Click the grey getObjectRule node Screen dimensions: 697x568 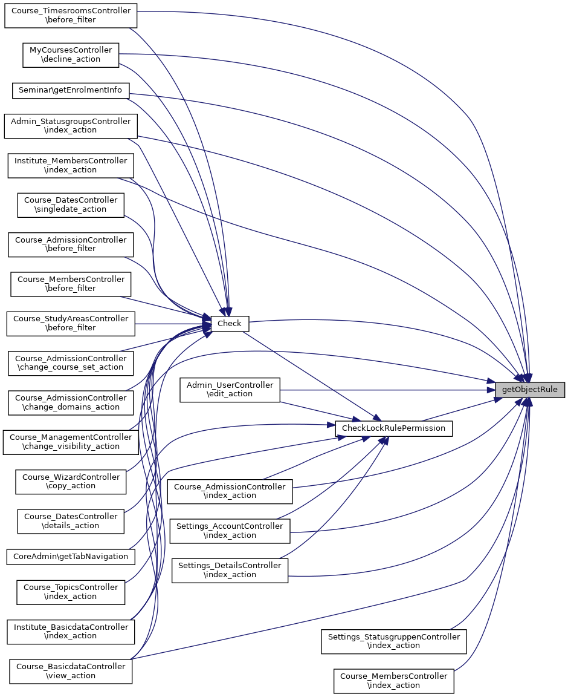[x=530, y=390]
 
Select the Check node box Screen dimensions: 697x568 [x=229, y=324]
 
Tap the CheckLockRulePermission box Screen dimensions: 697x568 [x=393, y=428]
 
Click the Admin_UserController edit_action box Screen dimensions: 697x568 [x=230, y=390]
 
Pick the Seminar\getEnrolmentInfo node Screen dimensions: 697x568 [x=71, y=90]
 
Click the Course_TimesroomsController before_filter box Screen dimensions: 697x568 [x=71, y=15]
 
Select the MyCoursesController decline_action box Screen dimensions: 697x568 [x=71, y=54]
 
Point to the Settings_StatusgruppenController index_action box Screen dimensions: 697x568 [x=393, y=641]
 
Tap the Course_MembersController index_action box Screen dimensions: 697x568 [x=393, y=681]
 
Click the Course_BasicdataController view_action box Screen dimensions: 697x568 [x=71, y=671]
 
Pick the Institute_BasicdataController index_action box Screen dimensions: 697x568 [x=71, y=631]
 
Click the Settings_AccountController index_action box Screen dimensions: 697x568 [x=230, y=531]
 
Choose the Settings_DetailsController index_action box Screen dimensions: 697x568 [x=230, y=570]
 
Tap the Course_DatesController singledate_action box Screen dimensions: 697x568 [x=71, y=205]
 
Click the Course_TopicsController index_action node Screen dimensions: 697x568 [x=71, y=592]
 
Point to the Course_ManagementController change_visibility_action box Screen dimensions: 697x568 [x=71, y=442]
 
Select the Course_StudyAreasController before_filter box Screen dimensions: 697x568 [x=71, y=323]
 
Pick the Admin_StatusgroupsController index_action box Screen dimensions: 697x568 [x=71, y=126]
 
